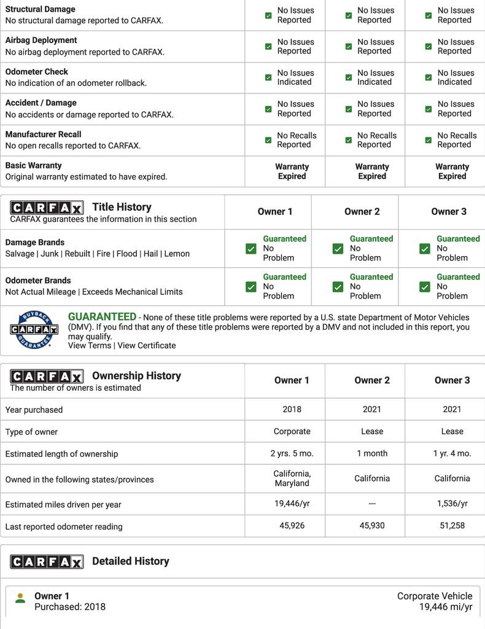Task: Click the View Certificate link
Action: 147,346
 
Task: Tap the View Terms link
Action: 90,346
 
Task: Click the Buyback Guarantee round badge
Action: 34,330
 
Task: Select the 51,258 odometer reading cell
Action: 452,526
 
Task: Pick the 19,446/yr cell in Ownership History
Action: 292,504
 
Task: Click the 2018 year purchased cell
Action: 292,409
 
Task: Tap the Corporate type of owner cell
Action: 292,431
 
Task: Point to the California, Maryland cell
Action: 292,479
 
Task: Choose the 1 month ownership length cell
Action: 372,453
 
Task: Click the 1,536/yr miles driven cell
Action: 452,504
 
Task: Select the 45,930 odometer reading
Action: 372,526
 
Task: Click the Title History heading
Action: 122,207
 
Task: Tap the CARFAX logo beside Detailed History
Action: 47,561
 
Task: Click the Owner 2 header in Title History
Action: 362,212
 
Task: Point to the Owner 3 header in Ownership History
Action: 452,380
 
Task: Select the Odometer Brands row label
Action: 38,280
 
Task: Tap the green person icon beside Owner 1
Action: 20,598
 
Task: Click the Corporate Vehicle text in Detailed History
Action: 435,596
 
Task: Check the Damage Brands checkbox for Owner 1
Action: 251,249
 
